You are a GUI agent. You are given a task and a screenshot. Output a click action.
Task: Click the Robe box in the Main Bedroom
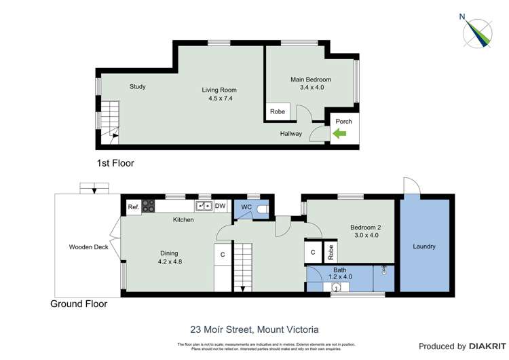pos(278,111)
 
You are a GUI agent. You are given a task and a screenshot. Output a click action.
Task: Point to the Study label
pos(138,86)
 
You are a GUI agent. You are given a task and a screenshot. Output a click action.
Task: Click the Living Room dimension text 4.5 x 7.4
pos(221,98)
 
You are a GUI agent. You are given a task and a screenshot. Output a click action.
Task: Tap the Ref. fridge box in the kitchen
pos(133,207)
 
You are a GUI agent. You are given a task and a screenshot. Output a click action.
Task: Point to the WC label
pos(243,208)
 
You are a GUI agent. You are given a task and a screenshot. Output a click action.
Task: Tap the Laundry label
pos(423,247)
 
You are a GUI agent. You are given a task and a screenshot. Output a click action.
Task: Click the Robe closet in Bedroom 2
pos(331,252)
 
